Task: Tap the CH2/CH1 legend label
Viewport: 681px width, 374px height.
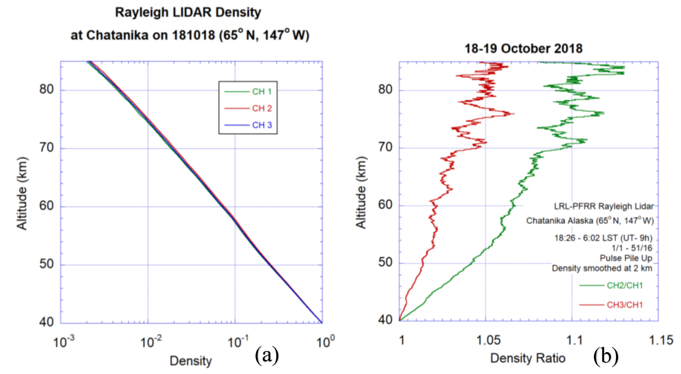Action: (625, 285)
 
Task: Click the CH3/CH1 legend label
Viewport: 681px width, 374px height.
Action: (625, 305)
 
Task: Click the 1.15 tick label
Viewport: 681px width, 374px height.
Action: (661, 340)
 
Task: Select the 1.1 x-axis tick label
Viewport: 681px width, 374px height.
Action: (574, 340)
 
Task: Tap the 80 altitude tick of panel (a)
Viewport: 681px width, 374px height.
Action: (46, 89)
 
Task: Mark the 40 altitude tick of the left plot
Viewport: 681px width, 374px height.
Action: (46, 322)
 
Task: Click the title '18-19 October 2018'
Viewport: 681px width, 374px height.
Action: (523, 49)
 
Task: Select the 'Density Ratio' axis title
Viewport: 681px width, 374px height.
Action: (528, 358)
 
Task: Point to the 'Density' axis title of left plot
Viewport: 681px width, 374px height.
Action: (191, 361)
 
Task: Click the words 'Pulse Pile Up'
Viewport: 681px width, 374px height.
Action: (626, 258)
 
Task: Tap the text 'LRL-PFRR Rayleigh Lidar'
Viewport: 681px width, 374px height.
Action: (604, 206)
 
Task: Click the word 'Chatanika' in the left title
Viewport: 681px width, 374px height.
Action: (117, 35)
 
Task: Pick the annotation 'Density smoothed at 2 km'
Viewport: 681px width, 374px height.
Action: (602, 268)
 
